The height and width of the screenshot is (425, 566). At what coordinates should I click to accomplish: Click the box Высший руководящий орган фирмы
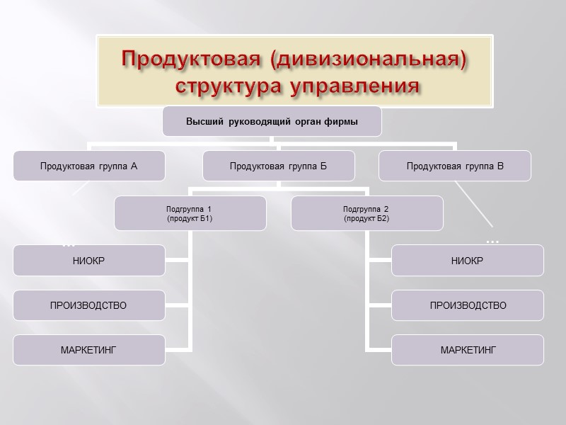coord(272,122)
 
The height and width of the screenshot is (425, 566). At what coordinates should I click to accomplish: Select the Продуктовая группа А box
coord(88,166)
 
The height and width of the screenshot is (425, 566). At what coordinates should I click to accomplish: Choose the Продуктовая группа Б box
coord(278,166)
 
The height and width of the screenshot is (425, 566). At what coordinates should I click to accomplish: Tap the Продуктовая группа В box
coord(455,166)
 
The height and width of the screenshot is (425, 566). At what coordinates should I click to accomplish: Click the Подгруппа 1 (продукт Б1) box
coord(190,213)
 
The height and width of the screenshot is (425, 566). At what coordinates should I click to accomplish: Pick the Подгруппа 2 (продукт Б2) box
coord(366,213)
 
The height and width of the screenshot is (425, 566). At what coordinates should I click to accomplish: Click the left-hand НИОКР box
coord(88,261)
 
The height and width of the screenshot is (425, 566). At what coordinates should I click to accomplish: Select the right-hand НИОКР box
coord(468,261)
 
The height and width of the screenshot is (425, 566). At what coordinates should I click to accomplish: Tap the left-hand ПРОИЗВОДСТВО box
coord(88,305)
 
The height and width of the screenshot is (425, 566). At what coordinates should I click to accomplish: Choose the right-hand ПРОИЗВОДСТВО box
coord(468,305)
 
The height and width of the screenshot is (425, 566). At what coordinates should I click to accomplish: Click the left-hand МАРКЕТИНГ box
coord(88,350)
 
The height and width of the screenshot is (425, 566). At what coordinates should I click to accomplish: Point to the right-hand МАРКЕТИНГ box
coord(468,350)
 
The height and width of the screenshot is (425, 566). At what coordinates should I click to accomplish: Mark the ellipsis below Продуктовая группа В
coord(492,242)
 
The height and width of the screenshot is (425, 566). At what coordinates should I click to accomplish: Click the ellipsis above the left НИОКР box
coord(69,244)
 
